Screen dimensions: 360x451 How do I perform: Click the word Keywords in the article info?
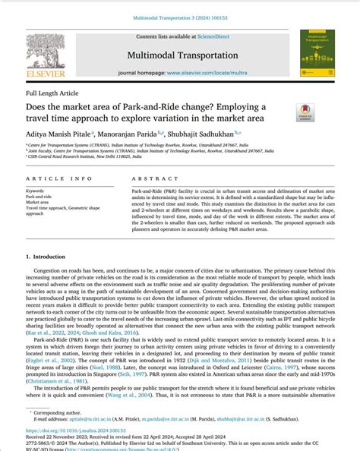(35, 191)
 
